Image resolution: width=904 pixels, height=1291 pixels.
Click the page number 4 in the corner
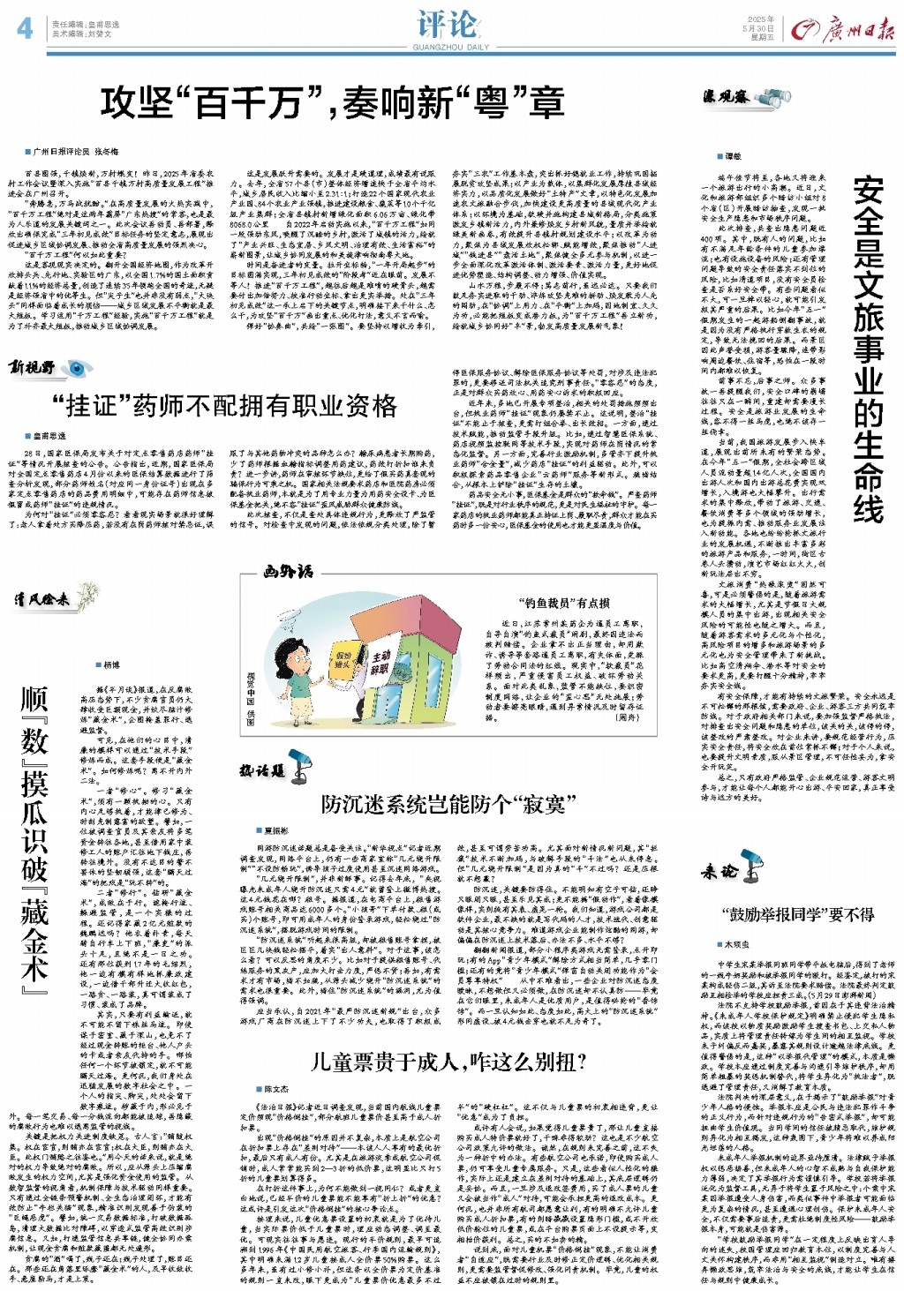(x=25, y=28)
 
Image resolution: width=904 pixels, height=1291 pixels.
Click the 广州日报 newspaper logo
(x=843, y=31)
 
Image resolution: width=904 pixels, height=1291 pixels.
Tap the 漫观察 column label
(x=726, y=97)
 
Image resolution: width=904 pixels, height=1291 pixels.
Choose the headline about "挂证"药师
(x=224, y=406)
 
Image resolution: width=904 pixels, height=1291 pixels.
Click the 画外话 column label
(x=288, y=572)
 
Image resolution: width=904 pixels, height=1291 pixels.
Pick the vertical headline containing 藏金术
(x=34, y=835)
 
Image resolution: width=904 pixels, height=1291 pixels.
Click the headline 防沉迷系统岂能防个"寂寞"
(x=448, y=804)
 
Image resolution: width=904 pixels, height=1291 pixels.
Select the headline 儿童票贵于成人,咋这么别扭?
(x=448, y=1062)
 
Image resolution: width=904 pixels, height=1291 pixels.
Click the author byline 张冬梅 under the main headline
(x=107, y=152)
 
